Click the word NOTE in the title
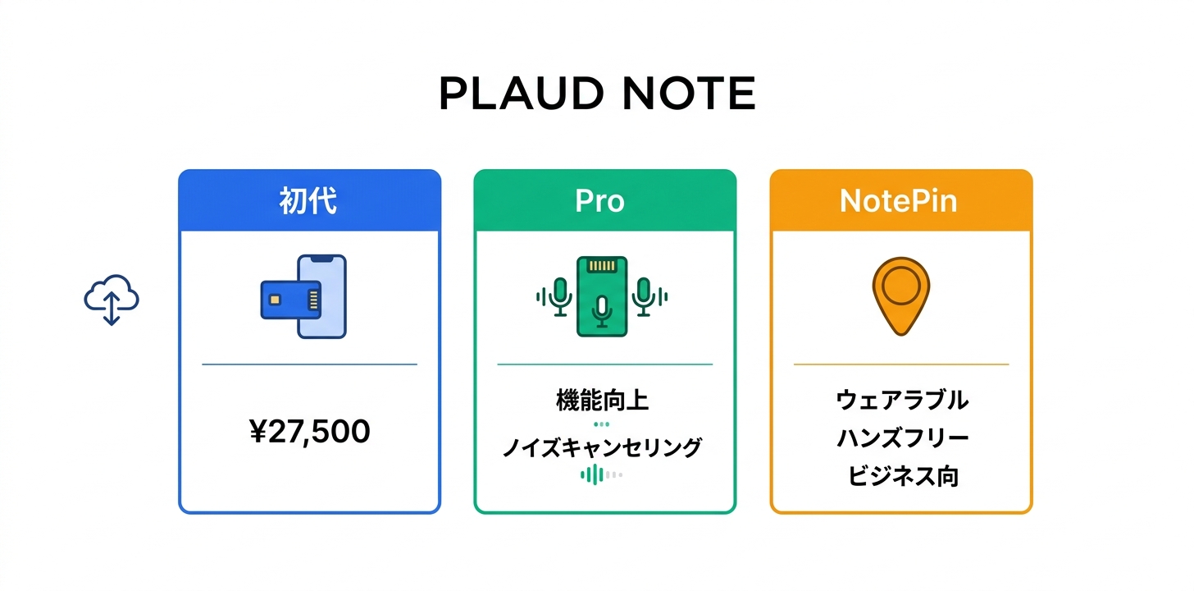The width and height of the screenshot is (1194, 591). pos(688,94)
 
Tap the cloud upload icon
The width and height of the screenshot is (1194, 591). pos(112,300)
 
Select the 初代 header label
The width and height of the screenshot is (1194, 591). pos(308,201)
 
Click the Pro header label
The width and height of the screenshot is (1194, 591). pos(599,201)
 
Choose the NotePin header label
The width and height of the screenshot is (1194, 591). pos(899,201)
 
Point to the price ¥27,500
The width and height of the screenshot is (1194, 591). pos(309,431)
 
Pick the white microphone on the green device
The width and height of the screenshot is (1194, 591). pos(602,310)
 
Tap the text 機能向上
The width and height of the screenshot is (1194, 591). pos(602,401)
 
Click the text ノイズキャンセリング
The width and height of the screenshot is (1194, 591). pos(602,447)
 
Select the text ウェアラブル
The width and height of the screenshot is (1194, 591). pos(902,401)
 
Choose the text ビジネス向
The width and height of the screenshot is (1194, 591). pos(902,477)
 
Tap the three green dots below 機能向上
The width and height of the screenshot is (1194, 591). pos(602,424)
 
